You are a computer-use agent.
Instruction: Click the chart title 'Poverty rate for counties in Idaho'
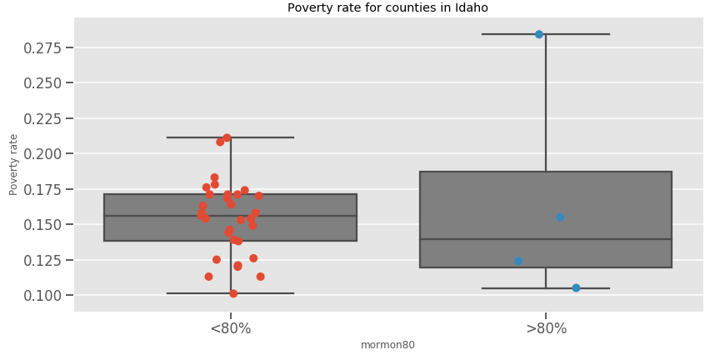click(387, 8)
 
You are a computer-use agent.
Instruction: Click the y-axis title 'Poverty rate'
click(13, 164)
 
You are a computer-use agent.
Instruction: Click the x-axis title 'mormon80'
click(387, 345)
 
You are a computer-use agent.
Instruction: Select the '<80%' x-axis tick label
click(230, 328)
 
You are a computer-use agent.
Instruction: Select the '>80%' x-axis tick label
click(546, 328)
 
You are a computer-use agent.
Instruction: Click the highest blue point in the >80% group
click(539, 34)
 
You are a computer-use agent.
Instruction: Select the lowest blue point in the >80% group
click(576, 288)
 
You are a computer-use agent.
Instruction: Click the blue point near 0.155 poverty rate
click(560, 217)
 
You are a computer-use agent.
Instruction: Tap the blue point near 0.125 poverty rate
click(518, 261)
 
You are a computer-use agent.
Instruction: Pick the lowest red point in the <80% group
click(233, 293)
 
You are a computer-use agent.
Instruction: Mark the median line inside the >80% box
click(546, 239)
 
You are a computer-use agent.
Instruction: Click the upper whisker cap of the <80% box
click(231, 137)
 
